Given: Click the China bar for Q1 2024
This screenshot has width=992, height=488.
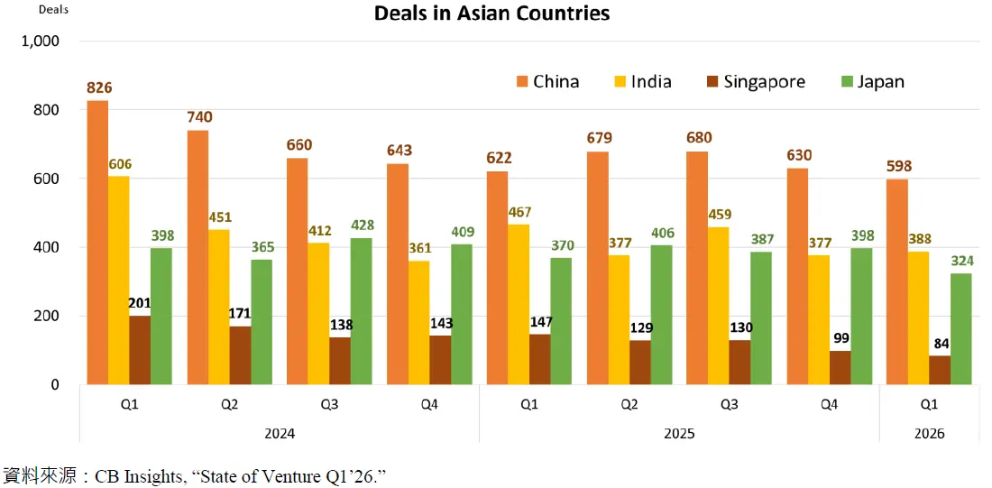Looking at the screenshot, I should click(97, 243).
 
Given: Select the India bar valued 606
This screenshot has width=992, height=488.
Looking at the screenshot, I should click(118, 281).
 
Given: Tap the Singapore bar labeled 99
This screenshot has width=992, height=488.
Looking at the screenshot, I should click(840, 368).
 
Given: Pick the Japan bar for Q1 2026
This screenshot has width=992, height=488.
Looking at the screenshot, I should click(961, 329).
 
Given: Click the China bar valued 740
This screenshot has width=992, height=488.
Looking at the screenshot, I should click(197, 257).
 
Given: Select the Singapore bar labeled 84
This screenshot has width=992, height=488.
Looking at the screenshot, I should click(940, 371).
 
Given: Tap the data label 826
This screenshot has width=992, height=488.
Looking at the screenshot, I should click(99, 87).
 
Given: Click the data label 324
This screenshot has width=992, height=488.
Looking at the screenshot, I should click(961, 262).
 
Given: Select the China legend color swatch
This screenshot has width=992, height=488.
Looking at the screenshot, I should click(522, 82).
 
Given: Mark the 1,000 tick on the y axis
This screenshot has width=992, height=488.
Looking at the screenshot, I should click(40, 41).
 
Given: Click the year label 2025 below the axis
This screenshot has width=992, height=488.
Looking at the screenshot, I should click(679, 434).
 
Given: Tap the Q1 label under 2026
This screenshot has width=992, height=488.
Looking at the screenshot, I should click(929, 405).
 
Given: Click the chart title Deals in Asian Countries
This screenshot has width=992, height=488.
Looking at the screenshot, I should click(492, 14).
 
